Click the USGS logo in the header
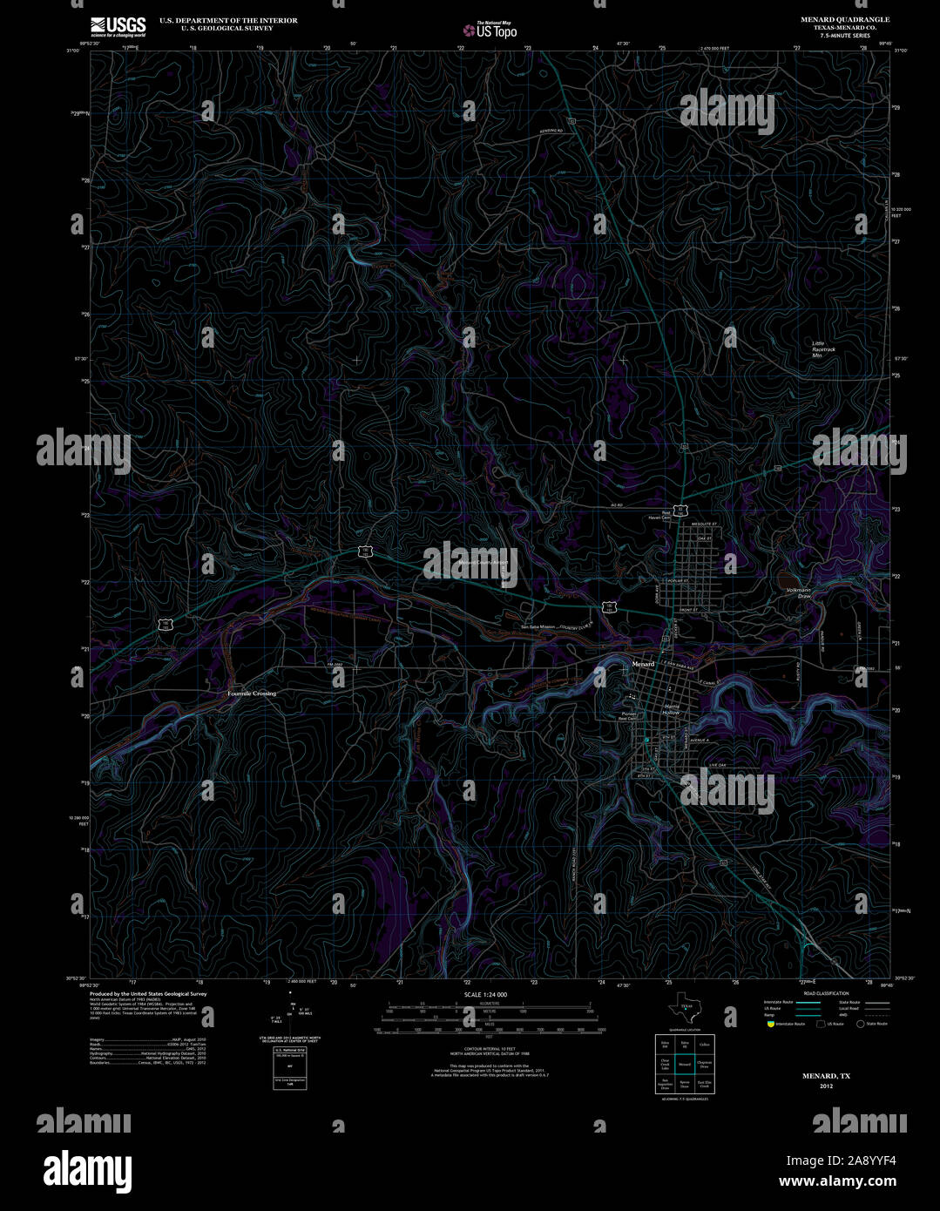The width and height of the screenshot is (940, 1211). (118, 25)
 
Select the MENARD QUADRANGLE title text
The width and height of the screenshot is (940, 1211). (833, 19)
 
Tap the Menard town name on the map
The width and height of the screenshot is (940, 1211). (642, 664)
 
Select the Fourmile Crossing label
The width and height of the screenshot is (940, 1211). (252, 693)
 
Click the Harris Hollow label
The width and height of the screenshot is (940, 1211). (671, 709)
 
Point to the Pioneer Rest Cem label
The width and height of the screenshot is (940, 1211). (629, 716)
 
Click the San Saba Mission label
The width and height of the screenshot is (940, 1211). (538, 626)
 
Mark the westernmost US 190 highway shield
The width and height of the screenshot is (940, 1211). (165, 624)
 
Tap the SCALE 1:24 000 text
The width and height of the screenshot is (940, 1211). (485, 994)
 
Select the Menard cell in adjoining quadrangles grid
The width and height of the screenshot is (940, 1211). (685, 1064)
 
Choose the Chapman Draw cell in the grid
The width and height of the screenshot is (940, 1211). (704, 1064)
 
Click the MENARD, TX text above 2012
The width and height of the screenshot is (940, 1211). (826, 1076)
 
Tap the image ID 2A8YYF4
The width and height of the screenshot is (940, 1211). (853, 1160)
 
